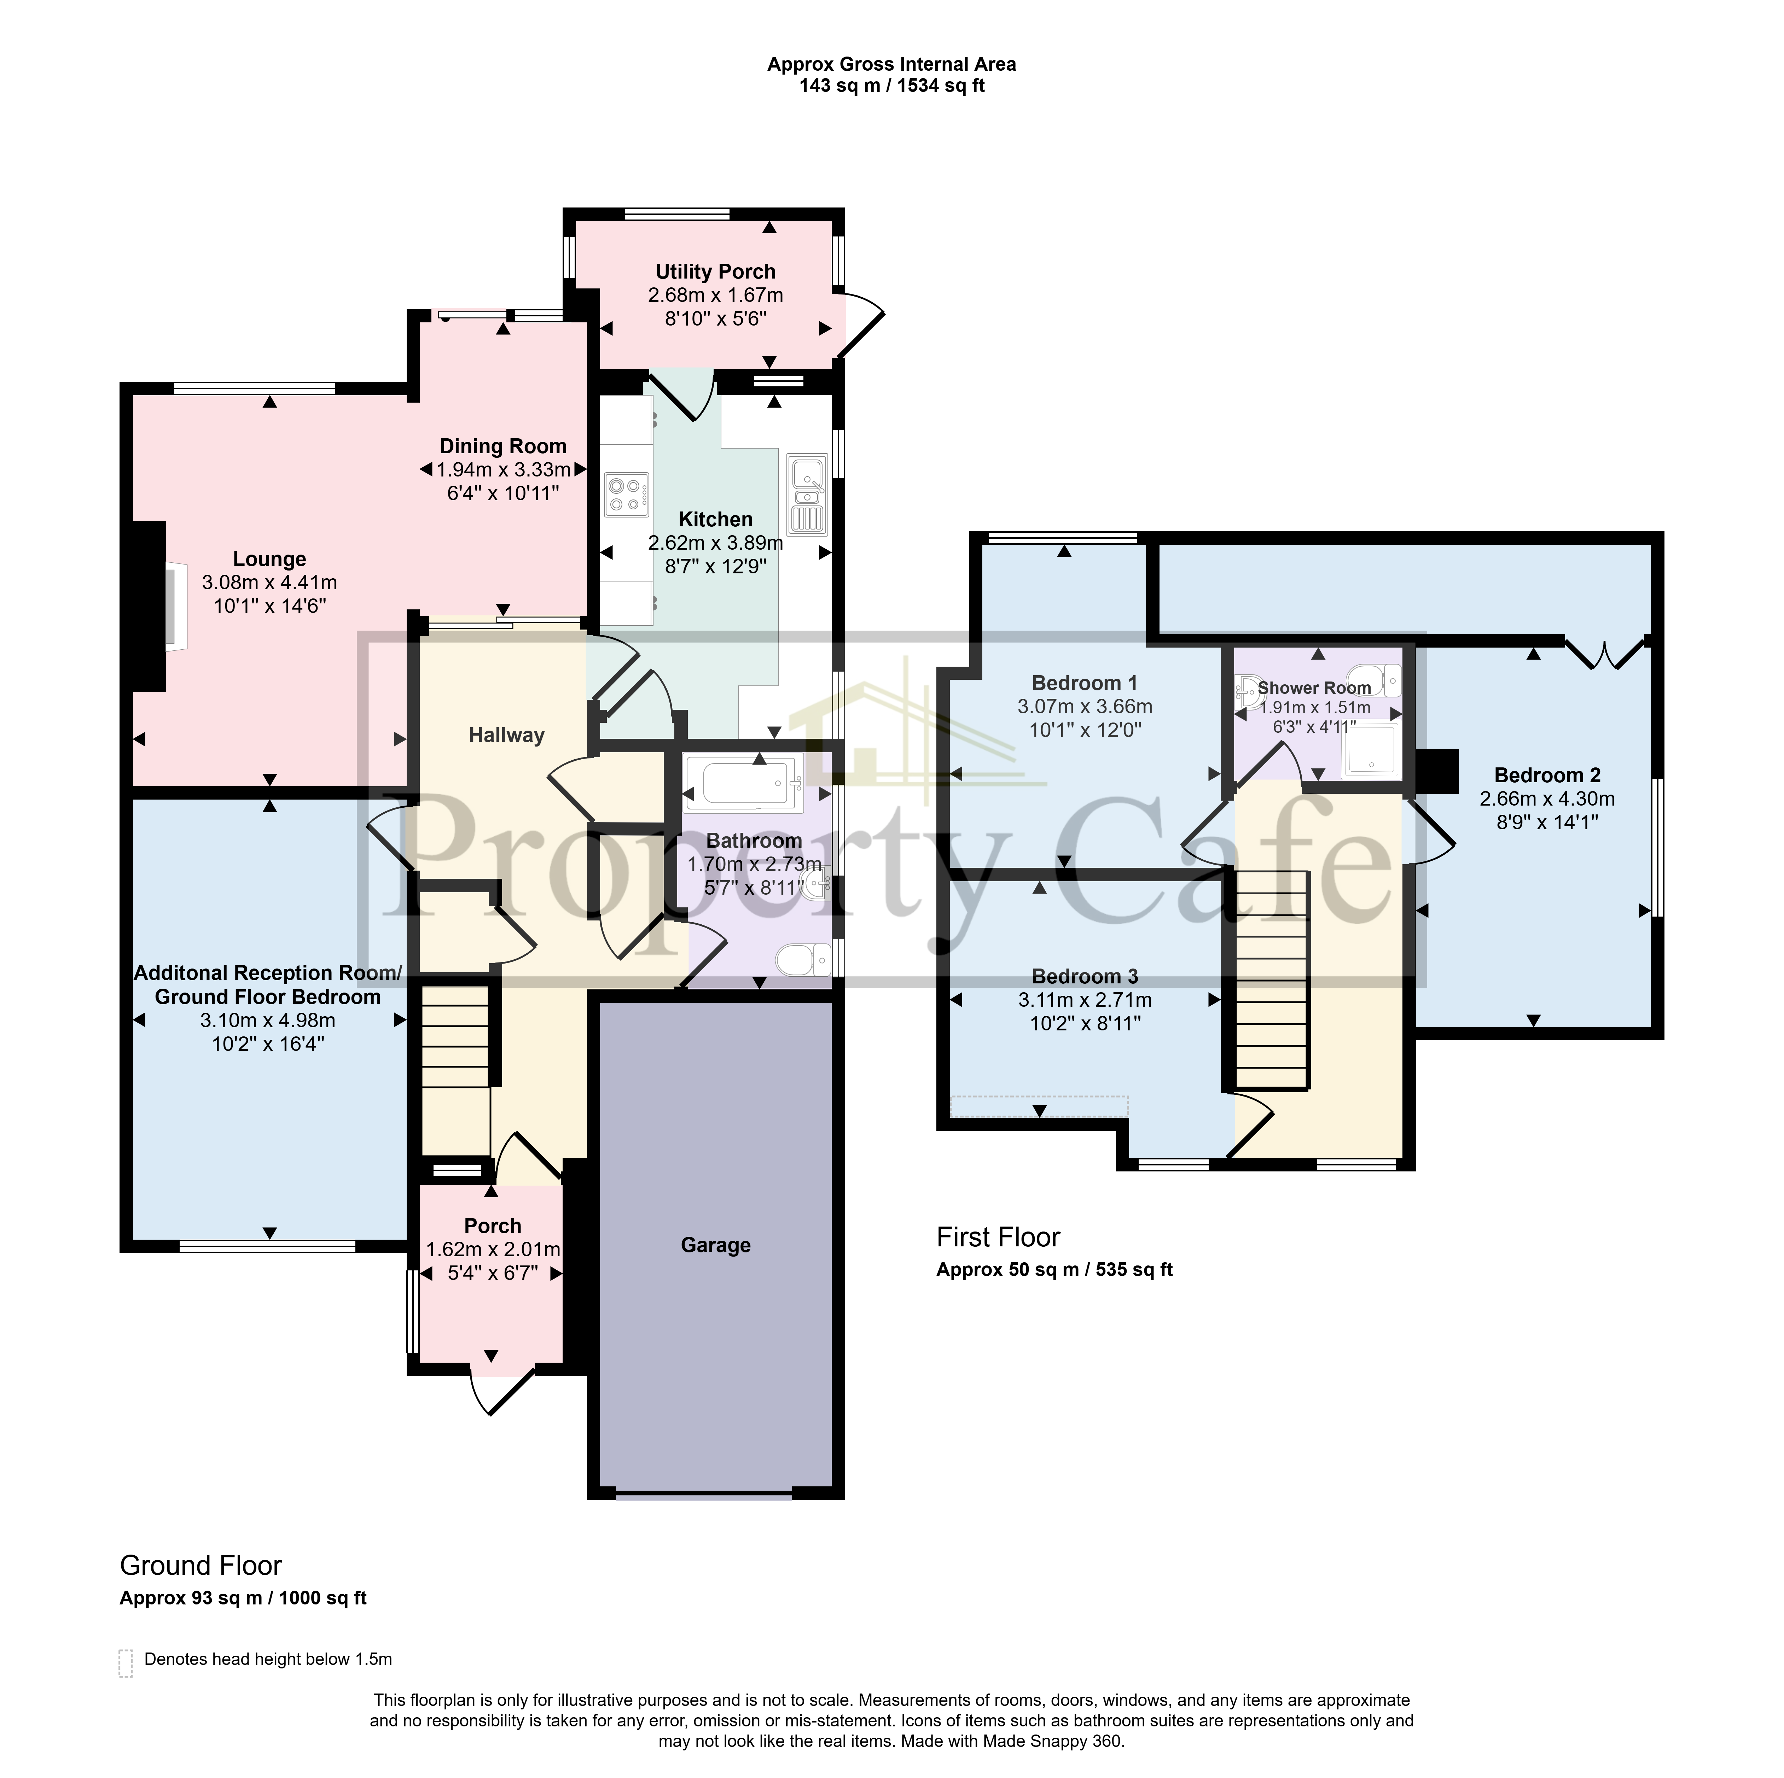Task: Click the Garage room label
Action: [x=716, y=1245]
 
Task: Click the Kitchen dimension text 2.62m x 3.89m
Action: [x=716, y=543]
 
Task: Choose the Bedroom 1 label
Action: [x=1084, y=683]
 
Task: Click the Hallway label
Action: [x=506, y=735]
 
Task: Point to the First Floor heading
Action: [x=998, y=1237]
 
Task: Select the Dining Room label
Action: [x=502, y=446]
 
